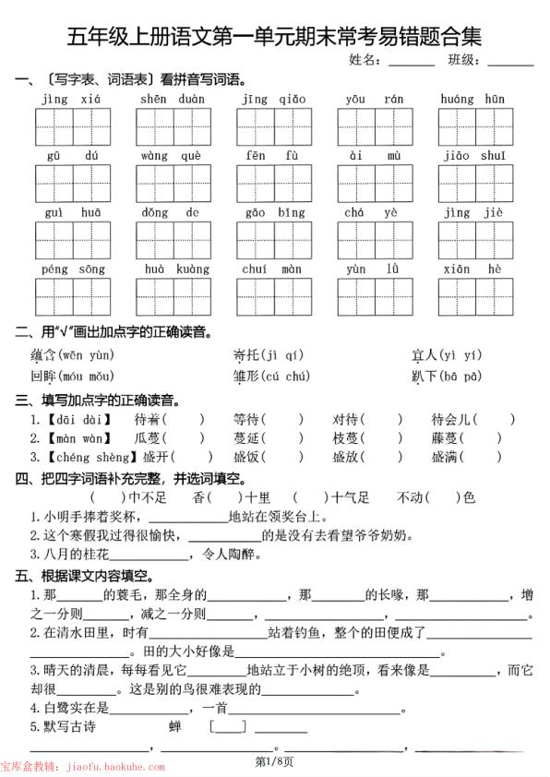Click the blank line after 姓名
coord(412,62)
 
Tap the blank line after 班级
coord(510,62)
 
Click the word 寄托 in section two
coord(246,354)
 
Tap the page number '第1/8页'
coord(274,762)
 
